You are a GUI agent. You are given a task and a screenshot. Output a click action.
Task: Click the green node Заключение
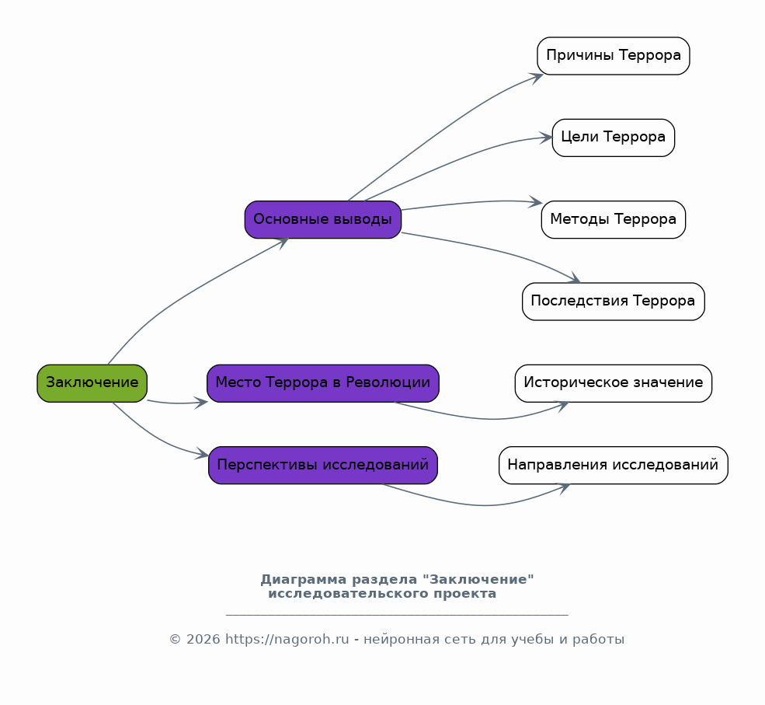click(x=92, y=383)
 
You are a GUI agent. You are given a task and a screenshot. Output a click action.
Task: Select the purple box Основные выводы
click(x=323, y=220)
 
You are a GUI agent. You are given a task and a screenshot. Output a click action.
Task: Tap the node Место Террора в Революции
click(x=323, y=383)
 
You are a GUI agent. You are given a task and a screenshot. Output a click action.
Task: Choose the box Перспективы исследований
click(x=323, y=466)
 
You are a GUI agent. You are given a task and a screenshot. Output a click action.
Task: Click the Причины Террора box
click(x=614, y=56)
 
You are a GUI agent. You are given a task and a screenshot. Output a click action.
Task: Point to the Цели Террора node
click(x=614, y=138)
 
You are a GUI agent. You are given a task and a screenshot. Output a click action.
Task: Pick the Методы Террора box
click(x=614, y=220)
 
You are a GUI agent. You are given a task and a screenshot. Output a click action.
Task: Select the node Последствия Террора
click(x=614, y=302)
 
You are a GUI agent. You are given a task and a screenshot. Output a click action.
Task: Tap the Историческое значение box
click(x=614, y=383)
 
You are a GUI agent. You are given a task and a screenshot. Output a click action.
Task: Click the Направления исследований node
click(x=614, y=466)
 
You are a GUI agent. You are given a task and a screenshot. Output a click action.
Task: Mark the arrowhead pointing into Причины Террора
click(x=537, y=78)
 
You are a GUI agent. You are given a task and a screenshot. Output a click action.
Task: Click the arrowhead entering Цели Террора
click(x=546, y=138)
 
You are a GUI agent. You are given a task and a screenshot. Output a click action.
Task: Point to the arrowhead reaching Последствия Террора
click(x=574, y=278)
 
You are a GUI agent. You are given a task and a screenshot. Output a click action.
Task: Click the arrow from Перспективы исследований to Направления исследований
click(x=483, y=504)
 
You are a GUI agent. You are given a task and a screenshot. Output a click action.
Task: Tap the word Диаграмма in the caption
click(x=304, y=580)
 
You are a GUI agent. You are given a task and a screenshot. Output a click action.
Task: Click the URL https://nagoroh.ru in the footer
click(x=287, y=639)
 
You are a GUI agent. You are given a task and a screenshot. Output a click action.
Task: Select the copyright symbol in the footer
click(x=176, y=640)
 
